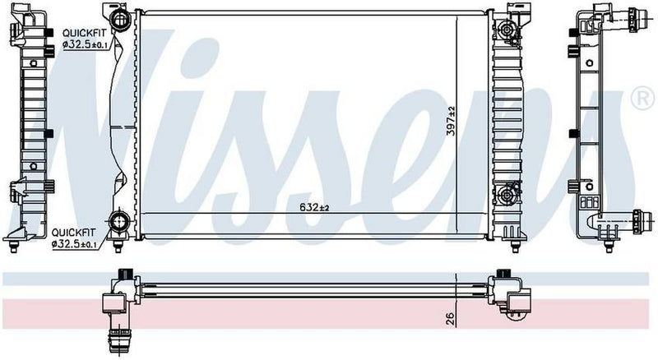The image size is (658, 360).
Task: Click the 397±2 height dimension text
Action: pos(451,122)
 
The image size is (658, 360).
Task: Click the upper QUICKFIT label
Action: pos(81,33)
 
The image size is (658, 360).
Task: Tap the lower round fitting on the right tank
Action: pos(504,196)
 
